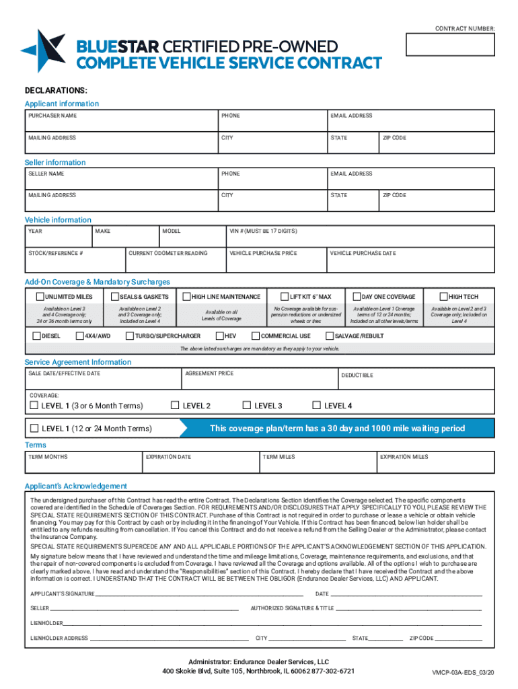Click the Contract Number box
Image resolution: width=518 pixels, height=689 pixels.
click(450, 44)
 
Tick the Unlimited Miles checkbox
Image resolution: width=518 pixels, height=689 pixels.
click(40, 297)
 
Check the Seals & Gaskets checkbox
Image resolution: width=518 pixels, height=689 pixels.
click(114, 297)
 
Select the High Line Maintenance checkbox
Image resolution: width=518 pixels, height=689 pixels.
click(186, 297)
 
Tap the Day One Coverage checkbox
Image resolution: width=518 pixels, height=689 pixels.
click(357, 297)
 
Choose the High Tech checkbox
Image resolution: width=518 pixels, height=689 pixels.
click(443, 297)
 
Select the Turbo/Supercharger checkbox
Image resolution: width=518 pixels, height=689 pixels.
click(129, 336)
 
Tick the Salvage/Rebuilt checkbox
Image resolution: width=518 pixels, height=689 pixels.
click(330, 336)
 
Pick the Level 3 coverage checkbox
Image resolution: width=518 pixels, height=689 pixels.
click(247, 406)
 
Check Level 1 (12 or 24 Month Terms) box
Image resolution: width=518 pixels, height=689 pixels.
click(34, 428)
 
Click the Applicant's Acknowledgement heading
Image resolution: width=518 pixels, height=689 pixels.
click(75, 486)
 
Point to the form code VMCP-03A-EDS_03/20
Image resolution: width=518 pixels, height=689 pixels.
click(463, 673)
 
